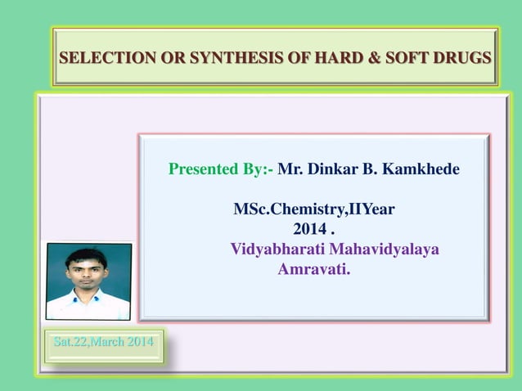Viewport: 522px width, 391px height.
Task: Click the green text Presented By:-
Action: point(220,169)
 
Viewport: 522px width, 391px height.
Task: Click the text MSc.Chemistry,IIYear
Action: point(313,209)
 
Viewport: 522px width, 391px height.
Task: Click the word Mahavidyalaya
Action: point(389,249)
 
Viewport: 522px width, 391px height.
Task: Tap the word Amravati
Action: point(313,268)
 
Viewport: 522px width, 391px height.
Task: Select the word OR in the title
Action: point(170,58)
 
